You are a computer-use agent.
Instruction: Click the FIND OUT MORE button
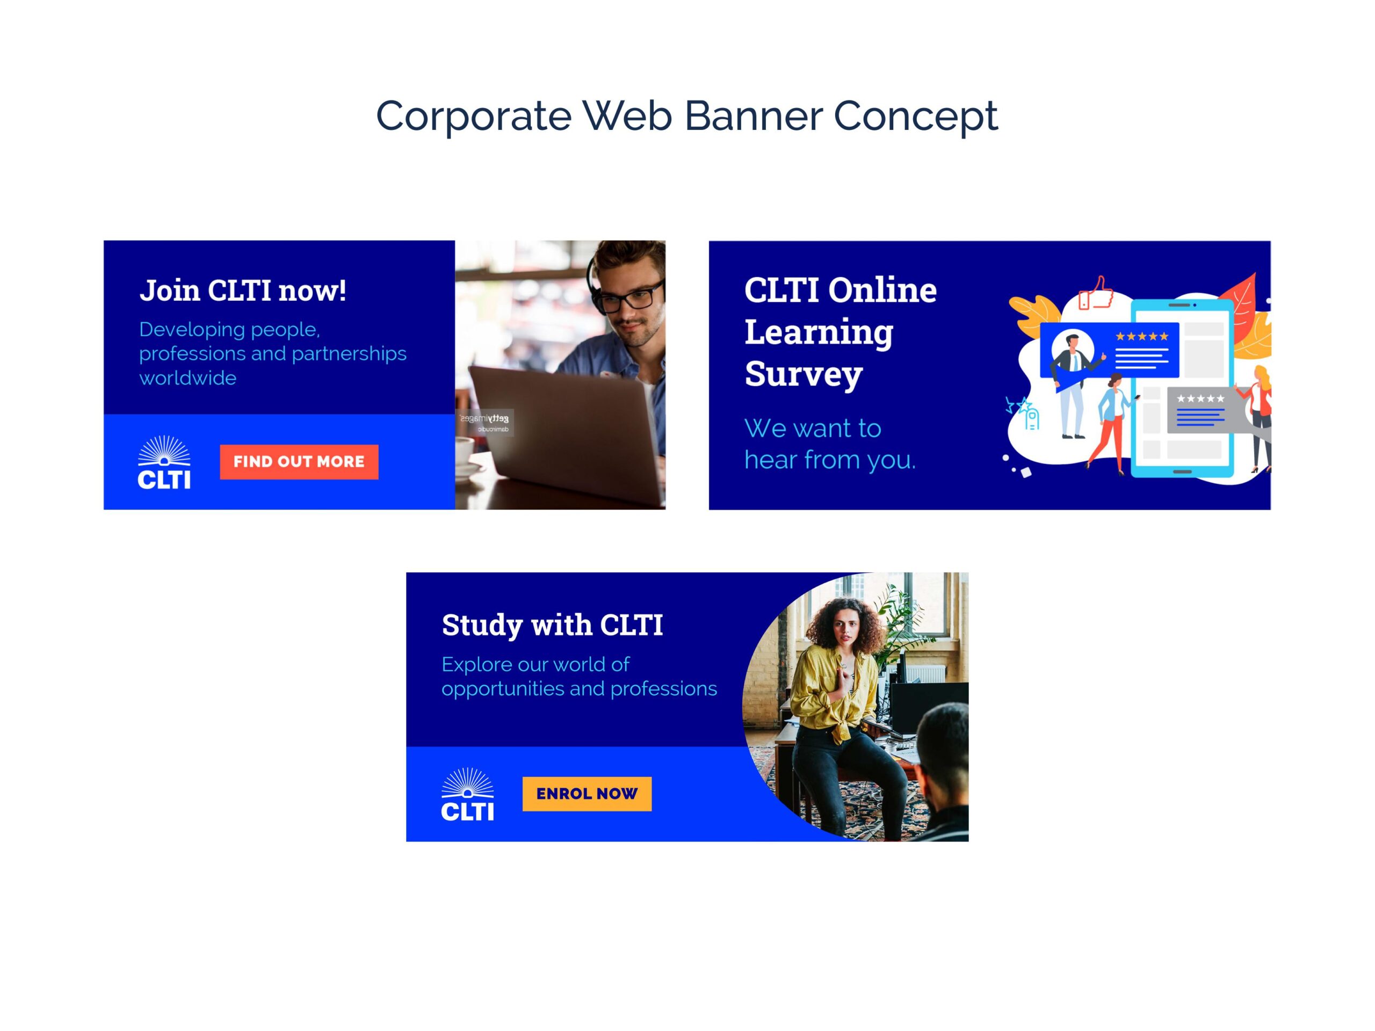click(299, 462)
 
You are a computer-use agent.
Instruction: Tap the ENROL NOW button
click(587, 794)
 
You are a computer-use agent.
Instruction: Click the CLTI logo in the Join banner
click(164, 462)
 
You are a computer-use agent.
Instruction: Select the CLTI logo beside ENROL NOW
click(467, 794)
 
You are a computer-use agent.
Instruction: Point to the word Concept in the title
click(916, 117)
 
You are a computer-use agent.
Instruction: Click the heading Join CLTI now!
click(242, 290)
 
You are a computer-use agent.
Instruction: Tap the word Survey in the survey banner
click(803, 374)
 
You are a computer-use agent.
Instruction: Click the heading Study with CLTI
click(552, 625)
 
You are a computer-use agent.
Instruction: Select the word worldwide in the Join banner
click(188, 378)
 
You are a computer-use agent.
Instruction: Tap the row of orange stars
click(1142, 336)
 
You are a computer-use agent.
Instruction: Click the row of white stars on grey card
click(1200, 398)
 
